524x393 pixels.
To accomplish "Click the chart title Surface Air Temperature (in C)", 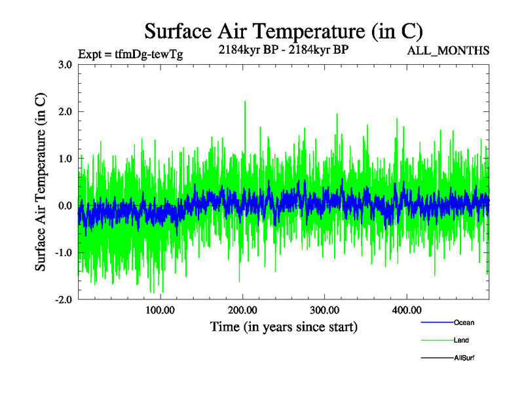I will click(283, 31).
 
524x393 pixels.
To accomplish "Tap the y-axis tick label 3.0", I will click(65, 65).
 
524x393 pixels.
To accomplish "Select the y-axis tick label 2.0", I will click(65, 112).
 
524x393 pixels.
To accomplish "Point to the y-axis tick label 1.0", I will click(65, 159).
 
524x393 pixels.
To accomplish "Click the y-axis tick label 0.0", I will click(65, 206).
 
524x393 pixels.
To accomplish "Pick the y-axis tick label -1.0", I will click(63, 253).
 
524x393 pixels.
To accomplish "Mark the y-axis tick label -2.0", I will click(63, 299).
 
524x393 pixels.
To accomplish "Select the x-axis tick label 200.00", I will click(242, 310).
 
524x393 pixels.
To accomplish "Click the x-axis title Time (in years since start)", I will click(284, 326).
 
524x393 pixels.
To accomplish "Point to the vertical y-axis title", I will click(41, 182).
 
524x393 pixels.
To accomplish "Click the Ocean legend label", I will click(464, 322).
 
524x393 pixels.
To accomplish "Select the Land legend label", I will click(461, 340).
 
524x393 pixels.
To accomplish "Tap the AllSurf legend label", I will click(464, 358).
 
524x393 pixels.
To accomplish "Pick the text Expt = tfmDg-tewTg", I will click(130, 54).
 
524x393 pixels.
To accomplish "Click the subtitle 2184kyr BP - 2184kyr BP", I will click(283, 49).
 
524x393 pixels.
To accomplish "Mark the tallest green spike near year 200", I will click(245, 102).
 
